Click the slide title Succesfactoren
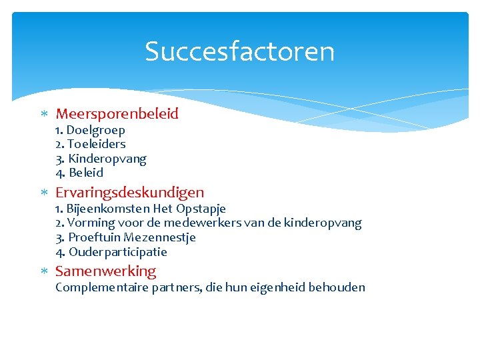[x=239, y=51]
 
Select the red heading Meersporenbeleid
[x=117, y=114]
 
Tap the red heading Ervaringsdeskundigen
[x=129, y=193]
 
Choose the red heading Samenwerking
[x=105, y=271]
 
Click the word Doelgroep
[x=95, y=130]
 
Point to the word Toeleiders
[x=97, y=144]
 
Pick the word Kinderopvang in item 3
[x=107, y=159]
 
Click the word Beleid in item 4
[x=86, y=173]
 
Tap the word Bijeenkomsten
[x=108, y=209]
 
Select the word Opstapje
[x=201, y=209]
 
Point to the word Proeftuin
[x=94, y=237]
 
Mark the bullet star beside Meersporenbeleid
[x=43, y=115]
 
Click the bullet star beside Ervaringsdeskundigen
[x=43, y=193]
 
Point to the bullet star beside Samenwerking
[x=43, y=272]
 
